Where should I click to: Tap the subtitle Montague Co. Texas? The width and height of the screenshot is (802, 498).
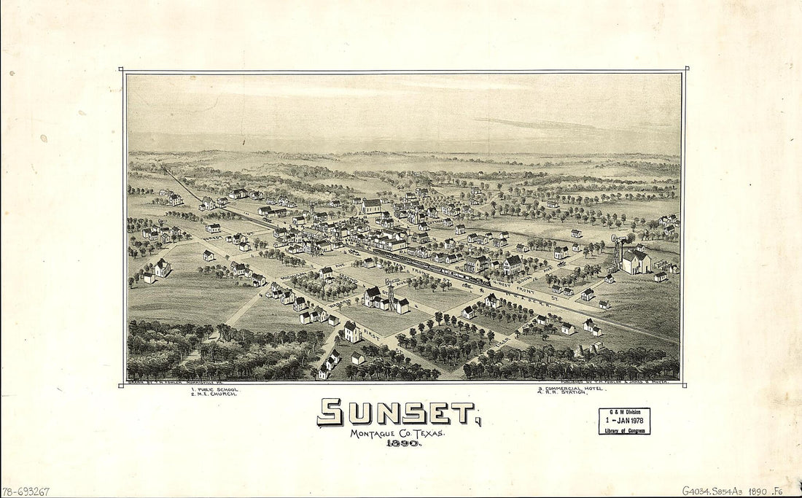[397, 433]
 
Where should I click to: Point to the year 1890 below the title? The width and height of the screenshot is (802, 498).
[397, 443]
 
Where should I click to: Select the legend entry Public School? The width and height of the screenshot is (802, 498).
[215, 389]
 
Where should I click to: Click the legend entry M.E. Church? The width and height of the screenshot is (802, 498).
[213, 394]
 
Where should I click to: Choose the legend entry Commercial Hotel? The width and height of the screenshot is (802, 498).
[572, 389]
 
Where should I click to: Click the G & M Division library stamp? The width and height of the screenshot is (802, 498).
[624, 421]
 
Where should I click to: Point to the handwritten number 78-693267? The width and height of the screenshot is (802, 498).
[26, 491]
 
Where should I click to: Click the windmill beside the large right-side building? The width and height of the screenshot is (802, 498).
[618, 248]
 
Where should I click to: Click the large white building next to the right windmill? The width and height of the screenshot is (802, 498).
[636, 261]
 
